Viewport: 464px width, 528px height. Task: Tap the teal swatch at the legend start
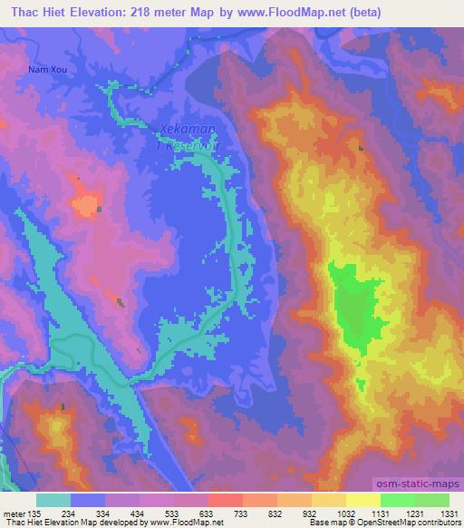pyautogui.click(x=53, y=500)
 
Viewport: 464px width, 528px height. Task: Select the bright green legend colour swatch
pyautogui.click(x=397, y=500)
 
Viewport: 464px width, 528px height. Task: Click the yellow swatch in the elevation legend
pyautogui.click(x=362, y=500)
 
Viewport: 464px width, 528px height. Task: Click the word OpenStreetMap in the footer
pyautogui.click(x=404, y=523)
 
